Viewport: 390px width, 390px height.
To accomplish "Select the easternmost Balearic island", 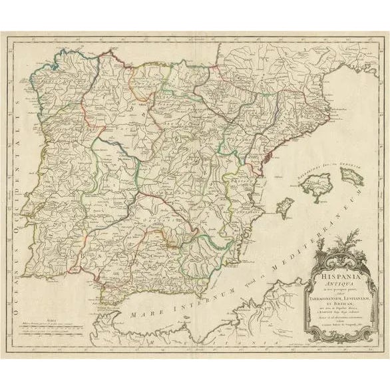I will point(351,176).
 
